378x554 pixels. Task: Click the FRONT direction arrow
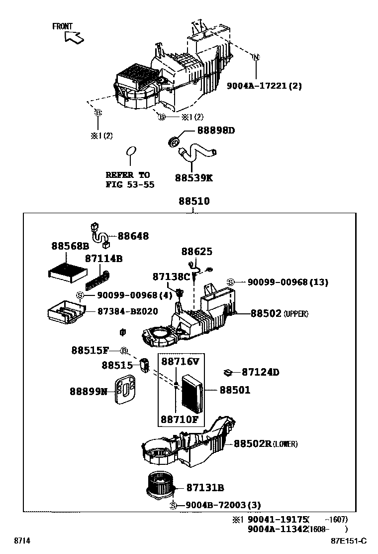(x=74, y=37)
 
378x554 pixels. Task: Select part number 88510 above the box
(x=194, y=201)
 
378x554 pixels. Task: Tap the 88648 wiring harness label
(x=133, y=236)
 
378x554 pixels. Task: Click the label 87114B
(x=103, y=259)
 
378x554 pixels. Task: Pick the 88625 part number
(x=197, y=251)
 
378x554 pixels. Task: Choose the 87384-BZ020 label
(x=128, y=311)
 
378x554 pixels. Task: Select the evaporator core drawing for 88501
(x=192, y=394)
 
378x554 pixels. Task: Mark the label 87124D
(x=260, y=372)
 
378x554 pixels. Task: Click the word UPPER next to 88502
(x=296, y=314)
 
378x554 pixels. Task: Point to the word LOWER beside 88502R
(x=285, y=444)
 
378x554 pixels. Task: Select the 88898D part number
(x=216, y=131)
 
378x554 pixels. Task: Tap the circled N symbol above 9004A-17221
(x=256, y=57)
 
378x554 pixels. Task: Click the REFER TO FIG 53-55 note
(x=130, y=180)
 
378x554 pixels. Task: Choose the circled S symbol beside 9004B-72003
(x=173, y=506)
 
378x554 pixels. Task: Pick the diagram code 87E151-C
(x=348, y=541)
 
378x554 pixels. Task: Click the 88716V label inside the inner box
(x=180, y=361)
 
